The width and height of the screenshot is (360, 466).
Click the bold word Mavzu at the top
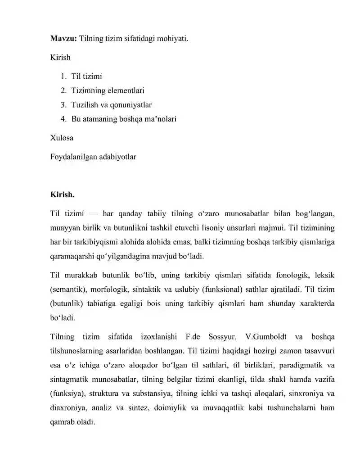pos(63,39)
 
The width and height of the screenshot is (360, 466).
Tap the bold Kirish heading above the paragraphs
pos(63,195)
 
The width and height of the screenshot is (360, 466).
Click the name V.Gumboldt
pos(266,337)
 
